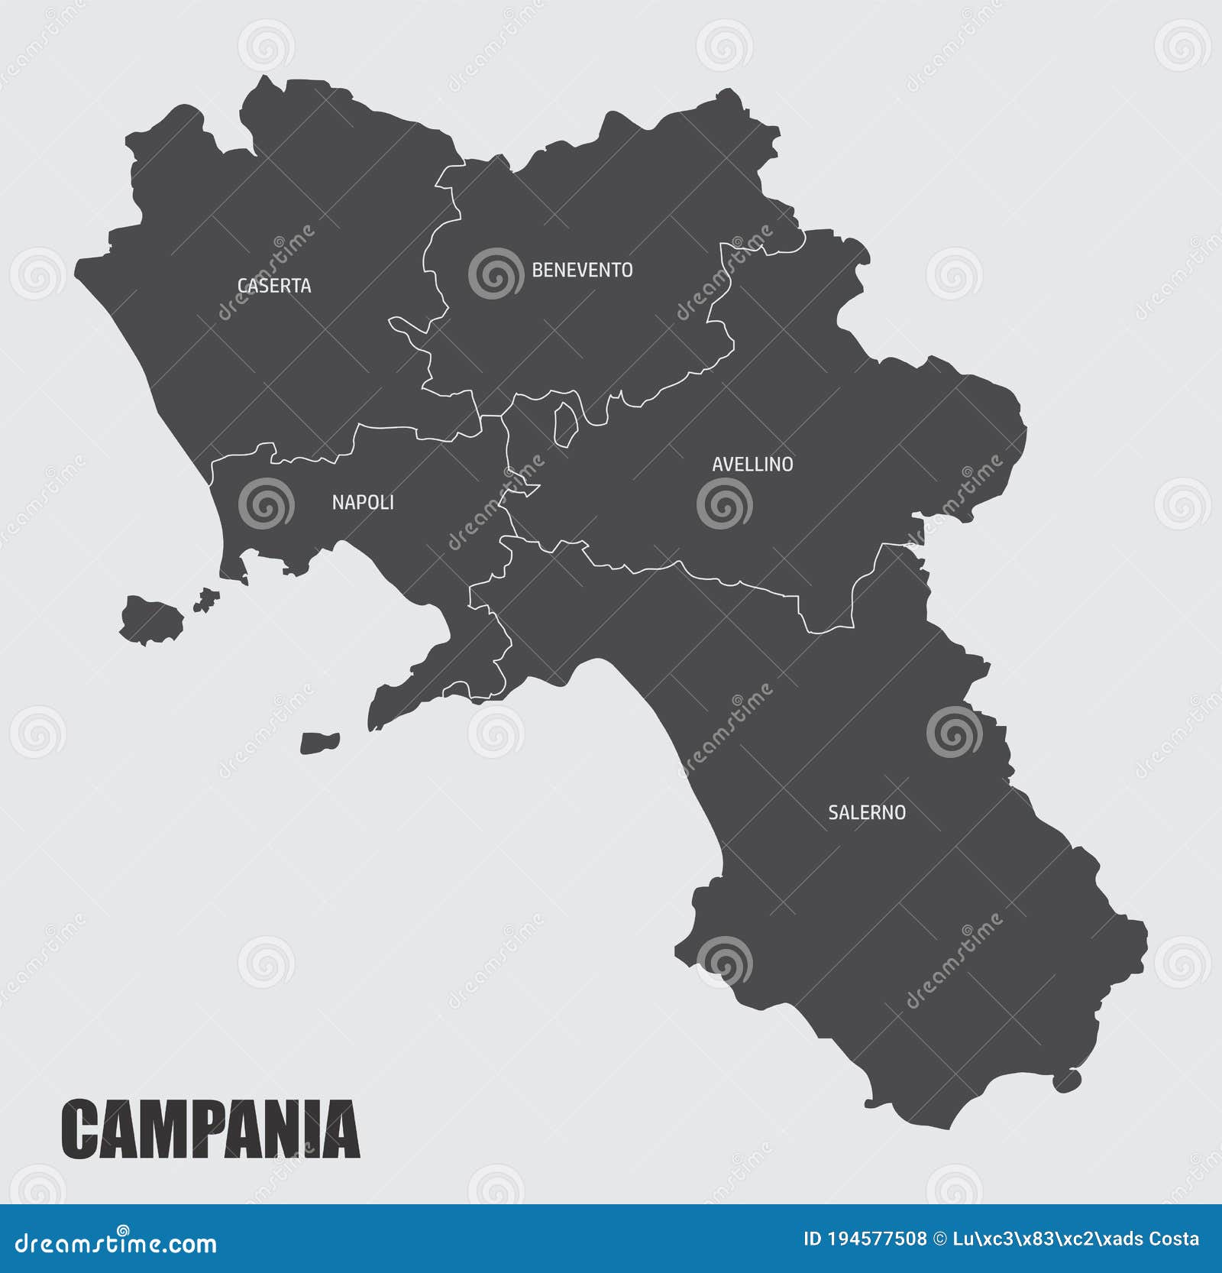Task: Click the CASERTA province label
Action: [x=274, y=286]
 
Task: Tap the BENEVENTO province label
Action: [x=582, y=270]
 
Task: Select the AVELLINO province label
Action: [x=752, y=464]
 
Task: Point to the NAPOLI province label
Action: [x=363, y=502]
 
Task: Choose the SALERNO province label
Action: [x=867, y=812]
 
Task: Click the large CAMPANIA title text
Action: [x=210, y=1129]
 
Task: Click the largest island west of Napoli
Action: [x=151, y=620]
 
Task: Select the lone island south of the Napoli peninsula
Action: [x=319, y=743]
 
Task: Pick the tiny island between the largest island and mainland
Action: [x=205, y=600]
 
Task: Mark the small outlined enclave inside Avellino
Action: [x=565, y=424]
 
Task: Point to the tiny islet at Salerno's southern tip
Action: [x=1066, y=1080]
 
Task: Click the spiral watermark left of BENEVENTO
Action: [x=496, y=273]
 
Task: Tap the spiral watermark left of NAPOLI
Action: [x=266, y=504]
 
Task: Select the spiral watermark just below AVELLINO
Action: [x=724, y=504]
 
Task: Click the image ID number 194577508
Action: [x=877, y=1239]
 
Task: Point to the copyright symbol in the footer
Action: [x=939, y=1239]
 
